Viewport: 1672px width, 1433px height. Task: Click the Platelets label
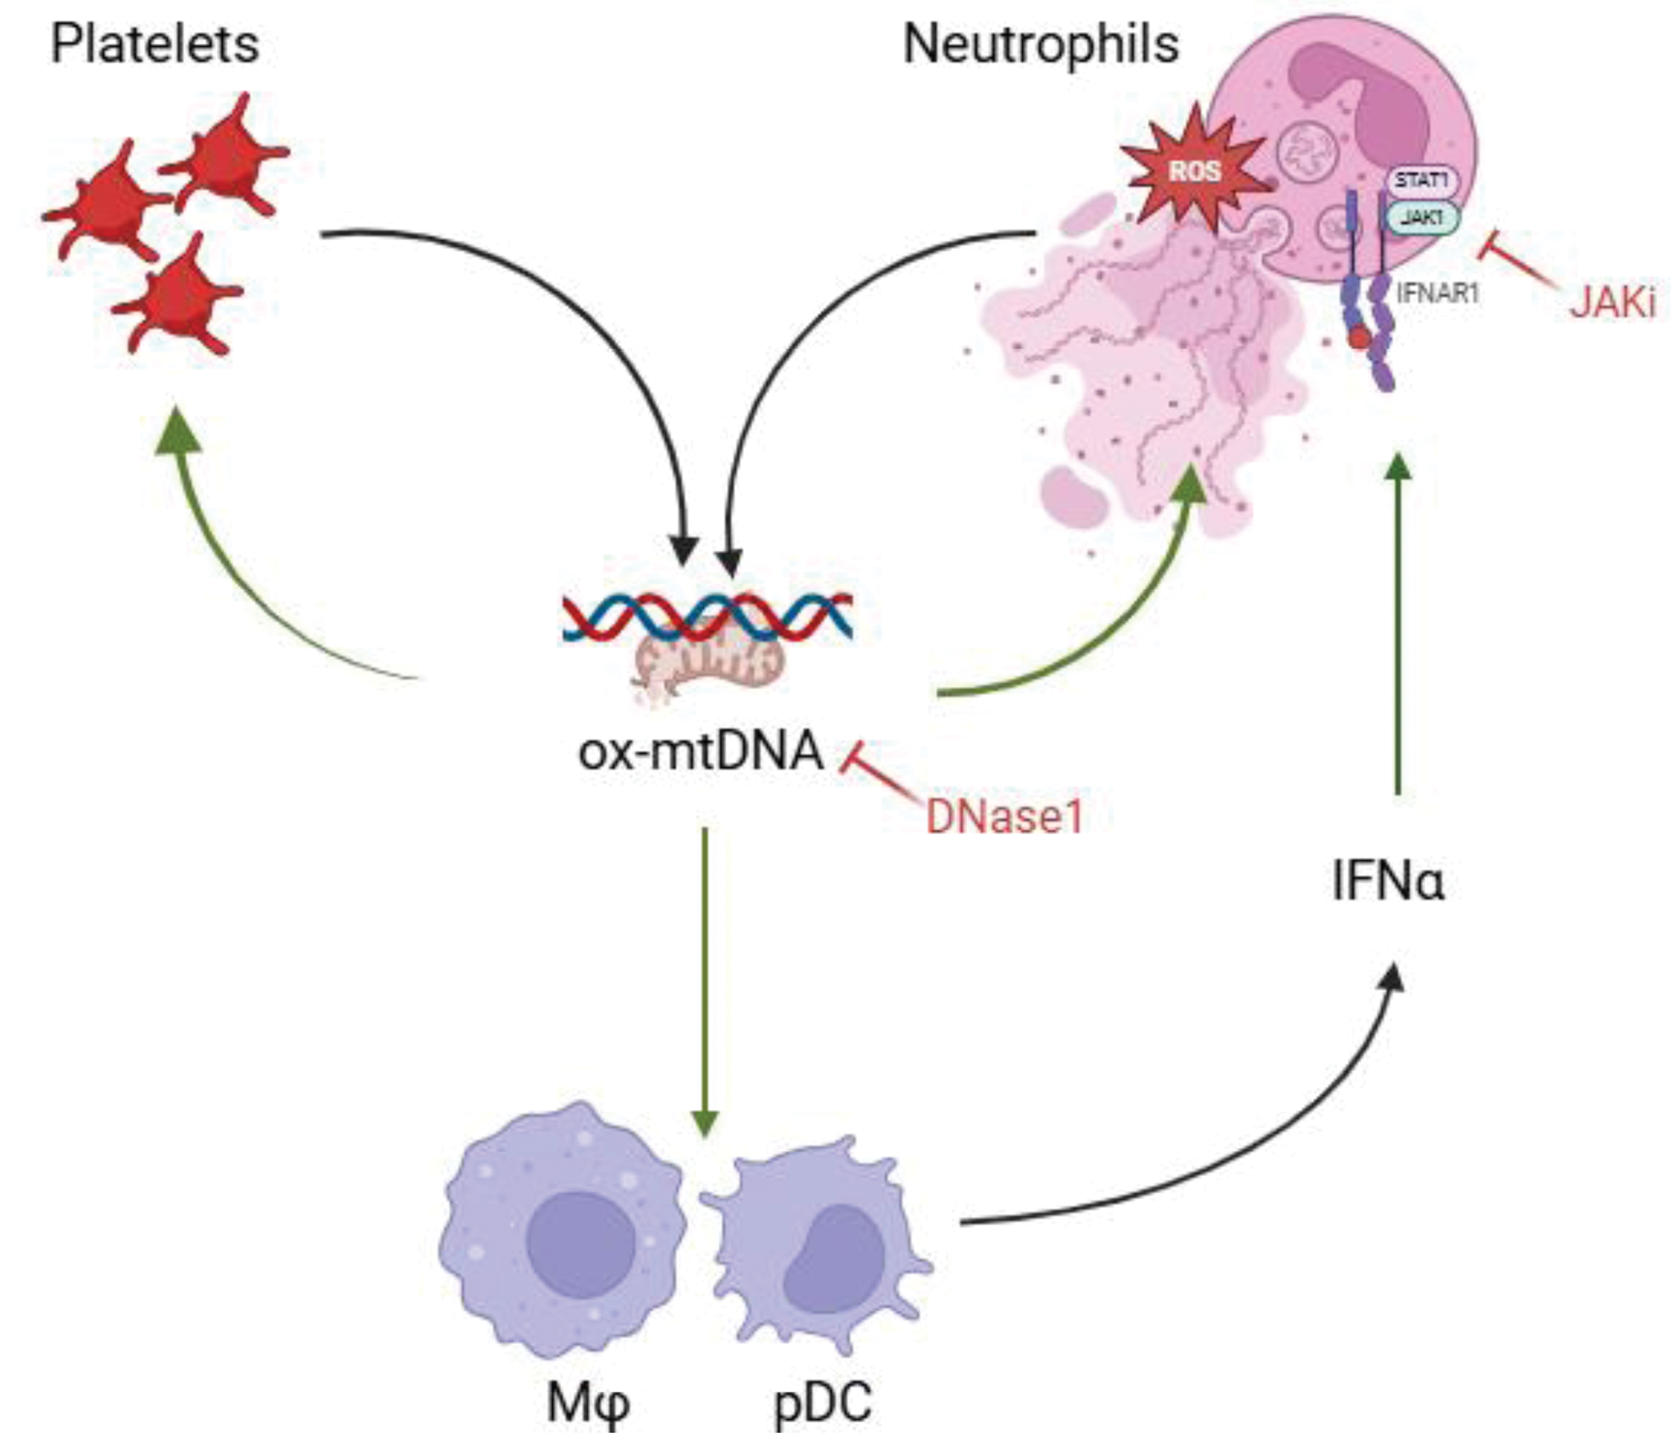[155, 45]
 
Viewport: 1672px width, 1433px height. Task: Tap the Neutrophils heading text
[1040, 45]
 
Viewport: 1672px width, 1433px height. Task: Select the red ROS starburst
[1194, 171]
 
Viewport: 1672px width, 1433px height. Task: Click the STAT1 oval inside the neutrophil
[1421, 181]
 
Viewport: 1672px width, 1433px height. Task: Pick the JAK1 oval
[1421, 218]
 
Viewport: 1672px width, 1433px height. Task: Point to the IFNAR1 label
[1438, 293]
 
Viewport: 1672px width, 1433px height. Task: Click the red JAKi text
[1613, 303]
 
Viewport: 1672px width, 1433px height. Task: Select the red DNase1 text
[1004, 817]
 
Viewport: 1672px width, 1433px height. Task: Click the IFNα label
[1388, 881]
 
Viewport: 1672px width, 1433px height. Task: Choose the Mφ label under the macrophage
[588, 1402]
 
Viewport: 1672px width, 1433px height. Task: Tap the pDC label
[822, 1402]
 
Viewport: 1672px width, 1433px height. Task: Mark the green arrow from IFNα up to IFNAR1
[1398, 626]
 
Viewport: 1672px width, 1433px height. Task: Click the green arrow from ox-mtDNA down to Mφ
[705, 977]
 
